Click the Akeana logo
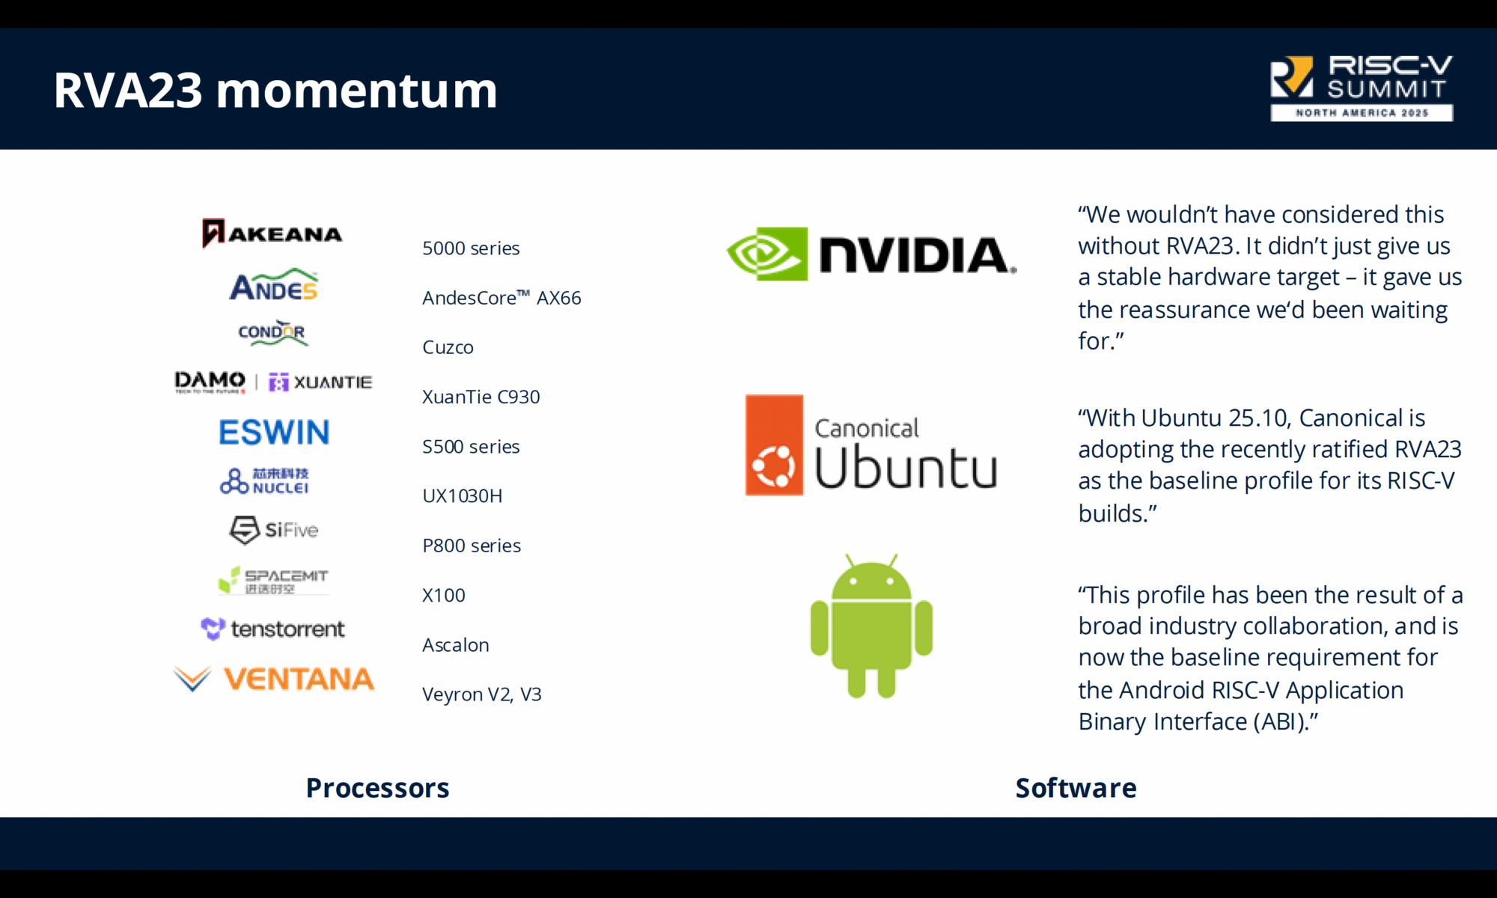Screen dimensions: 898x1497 pos(272,233)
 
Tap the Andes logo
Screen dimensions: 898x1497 pos(273,285)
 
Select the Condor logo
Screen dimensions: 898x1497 pos(272,333)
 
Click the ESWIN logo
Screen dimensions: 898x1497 pos(274,433)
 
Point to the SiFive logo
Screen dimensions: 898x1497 pos(274,530)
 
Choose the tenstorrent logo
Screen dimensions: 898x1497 pos(273,629)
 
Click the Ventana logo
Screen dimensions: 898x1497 pos(274,679)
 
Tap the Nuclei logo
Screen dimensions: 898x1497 pos(265,480)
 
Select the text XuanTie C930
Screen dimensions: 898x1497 pos(481,397)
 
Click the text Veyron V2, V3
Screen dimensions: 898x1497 pos(481,694)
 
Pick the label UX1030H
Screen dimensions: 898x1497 pos(462,496)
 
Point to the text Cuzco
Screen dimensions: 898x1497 pos(448,347)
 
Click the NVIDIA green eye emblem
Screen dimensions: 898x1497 pos(767,254)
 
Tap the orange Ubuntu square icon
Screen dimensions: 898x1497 pos(774,445)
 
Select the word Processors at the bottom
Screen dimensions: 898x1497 pos(377,788)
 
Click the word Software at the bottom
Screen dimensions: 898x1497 pos(1076,788)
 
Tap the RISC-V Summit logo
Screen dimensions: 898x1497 pos(1361,88)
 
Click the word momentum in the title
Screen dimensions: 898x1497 pos(356,91)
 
